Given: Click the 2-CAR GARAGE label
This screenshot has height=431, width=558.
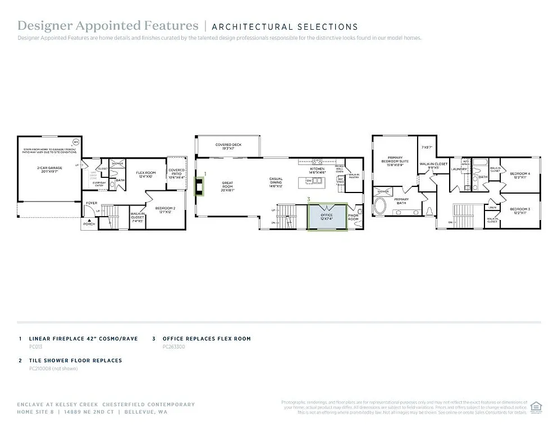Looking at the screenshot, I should click(x=50, y=168).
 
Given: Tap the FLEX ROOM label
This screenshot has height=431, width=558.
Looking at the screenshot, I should click(x=145, y=175).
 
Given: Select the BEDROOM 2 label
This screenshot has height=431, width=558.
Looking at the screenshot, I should click(x=165, y=210).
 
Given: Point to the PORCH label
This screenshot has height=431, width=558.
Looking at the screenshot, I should click(x=89, y=224).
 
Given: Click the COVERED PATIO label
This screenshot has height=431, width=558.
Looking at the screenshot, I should click(x=176, y=173).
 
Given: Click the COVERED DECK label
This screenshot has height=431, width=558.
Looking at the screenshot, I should click(x=228, y=146).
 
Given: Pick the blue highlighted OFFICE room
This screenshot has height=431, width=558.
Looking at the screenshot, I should click(x=327, y=216).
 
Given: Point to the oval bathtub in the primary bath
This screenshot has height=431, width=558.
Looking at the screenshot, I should click(x=380, y=208).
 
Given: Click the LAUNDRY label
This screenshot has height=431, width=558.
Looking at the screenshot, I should click(x=460, y=168).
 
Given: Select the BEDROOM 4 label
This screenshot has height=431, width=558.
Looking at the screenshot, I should click(x=519, y=175).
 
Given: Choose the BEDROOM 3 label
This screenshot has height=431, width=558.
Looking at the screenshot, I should click(x=519, y=211).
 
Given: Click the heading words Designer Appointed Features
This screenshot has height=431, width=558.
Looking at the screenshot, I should click(x=108, y=26).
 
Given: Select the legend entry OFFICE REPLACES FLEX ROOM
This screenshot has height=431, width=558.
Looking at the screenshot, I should click(x=206, y=339).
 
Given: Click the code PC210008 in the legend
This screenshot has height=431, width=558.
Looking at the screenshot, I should click(x=40, y=369).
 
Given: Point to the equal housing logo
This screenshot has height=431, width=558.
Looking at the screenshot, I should click(x=536, y=407).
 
